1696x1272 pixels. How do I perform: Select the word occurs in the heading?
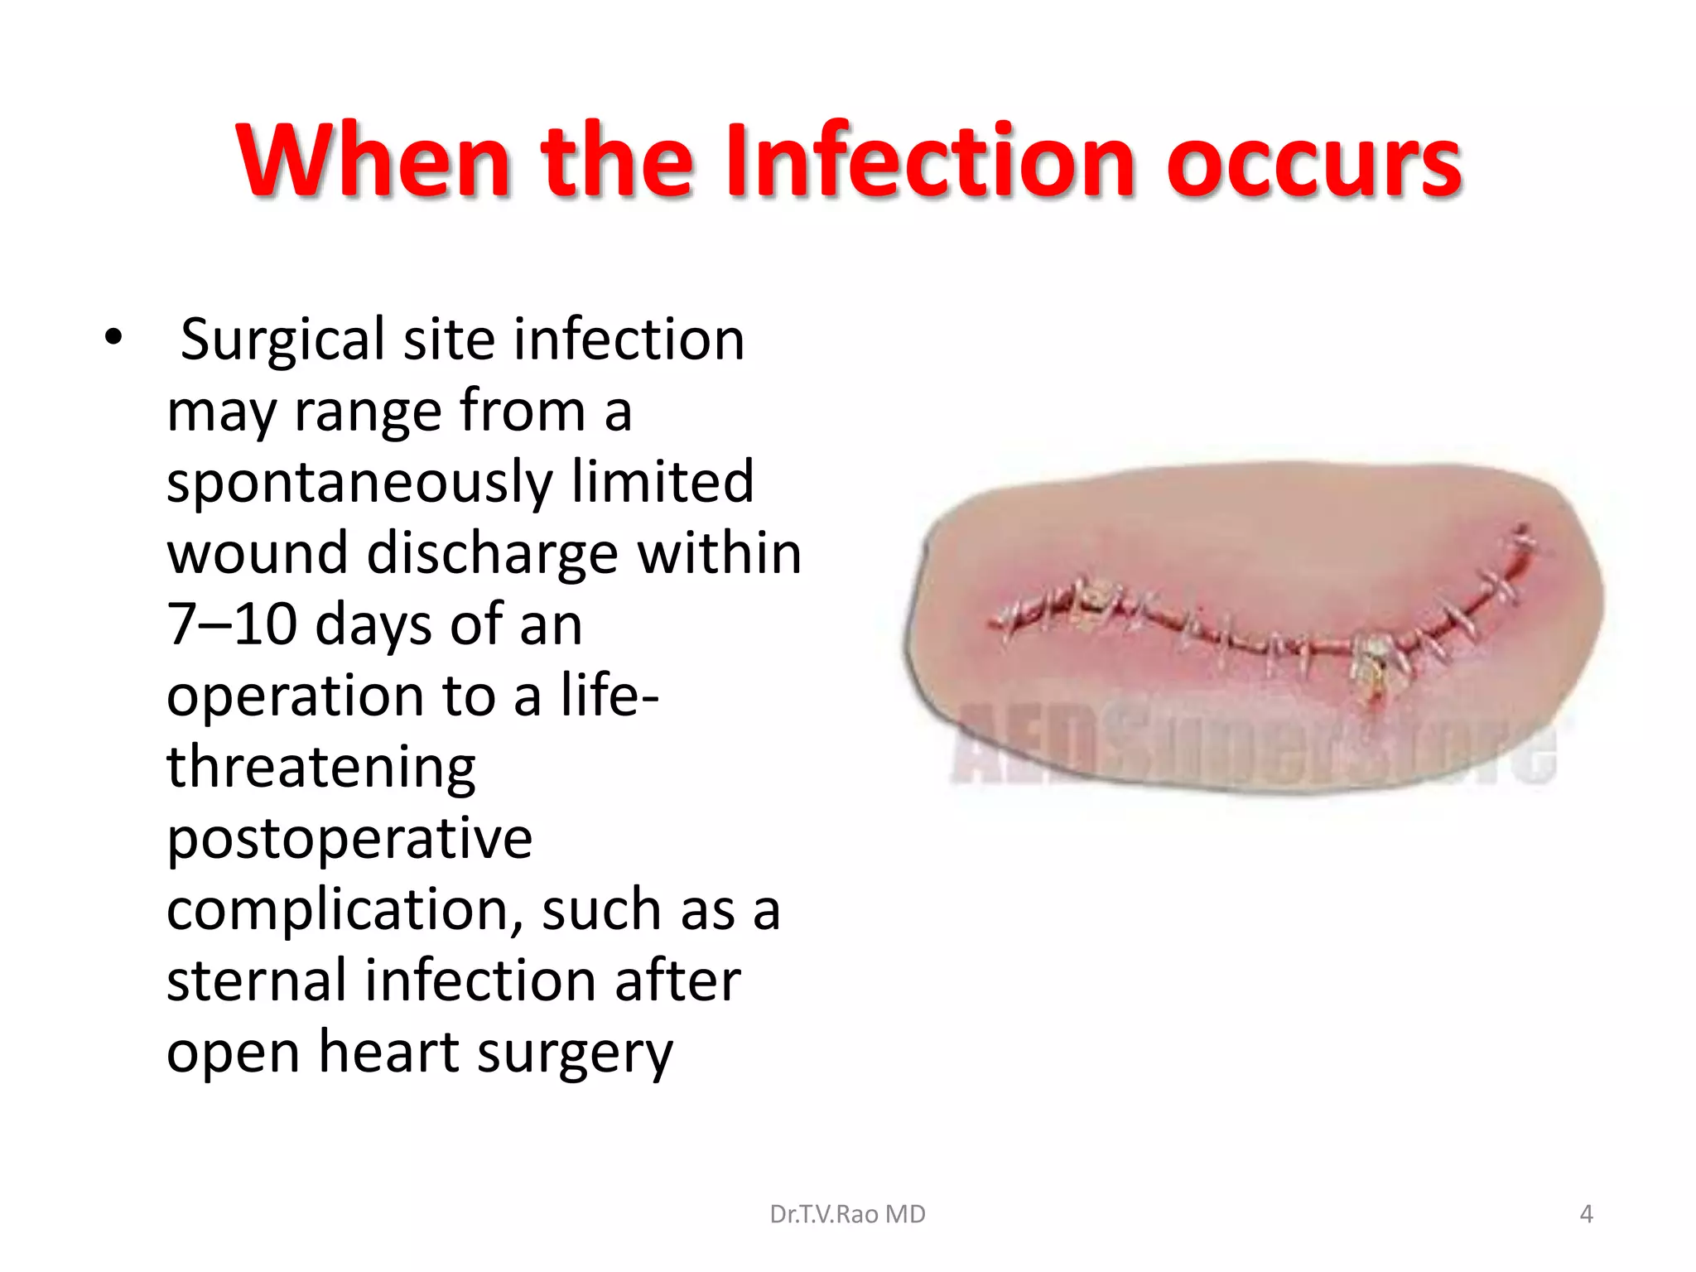[1314, 162]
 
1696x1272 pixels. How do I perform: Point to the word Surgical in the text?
[282, 341]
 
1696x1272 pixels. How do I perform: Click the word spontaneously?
[359, 484]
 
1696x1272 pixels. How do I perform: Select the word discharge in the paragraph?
[492, 553]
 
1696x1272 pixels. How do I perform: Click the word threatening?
[321, 767]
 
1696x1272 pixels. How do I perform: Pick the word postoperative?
[349, 840]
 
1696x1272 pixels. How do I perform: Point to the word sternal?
[256, 981]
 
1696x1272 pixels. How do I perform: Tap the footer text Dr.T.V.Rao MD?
[847, 1214]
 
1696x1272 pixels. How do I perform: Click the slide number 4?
[1586, 1214]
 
